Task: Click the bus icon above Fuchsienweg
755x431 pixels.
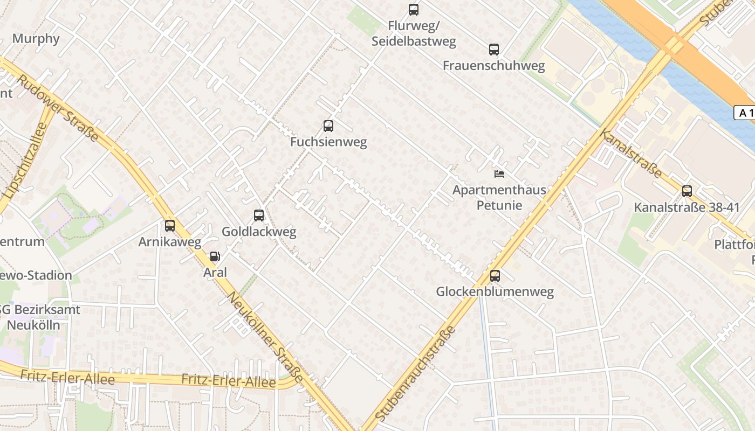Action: [328, 126]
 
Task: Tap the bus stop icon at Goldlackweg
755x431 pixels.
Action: [259, 215]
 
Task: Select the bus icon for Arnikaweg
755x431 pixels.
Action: [170, 226]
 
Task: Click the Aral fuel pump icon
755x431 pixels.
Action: [215, 256]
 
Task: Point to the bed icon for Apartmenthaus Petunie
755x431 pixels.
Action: [499, 173]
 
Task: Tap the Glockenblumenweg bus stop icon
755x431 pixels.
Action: [495, 276]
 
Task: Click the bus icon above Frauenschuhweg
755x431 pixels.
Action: [493, 50]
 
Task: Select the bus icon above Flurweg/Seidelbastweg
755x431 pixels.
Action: [414, 9]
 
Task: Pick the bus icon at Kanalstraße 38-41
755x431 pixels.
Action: [687, 191]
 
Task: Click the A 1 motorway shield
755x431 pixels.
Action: [745, 113]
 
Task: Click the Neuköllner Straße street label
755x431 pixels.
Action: [265, 337]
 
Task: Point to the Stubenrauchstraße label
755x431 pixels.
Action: [415, 372]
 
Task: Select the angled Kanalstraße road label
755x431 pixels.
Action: [632, 154]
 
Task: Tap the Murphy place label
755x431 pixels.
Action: [36, 39]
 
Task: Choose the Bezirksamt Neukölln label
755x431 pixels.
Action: [38, 317]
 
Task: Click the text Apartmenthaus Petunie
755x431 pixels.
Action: [499, 197]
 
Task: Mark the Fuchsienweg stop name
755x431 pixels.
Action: [328, 142]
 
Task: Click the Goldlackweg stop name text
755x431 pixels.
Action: [259, 232]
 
